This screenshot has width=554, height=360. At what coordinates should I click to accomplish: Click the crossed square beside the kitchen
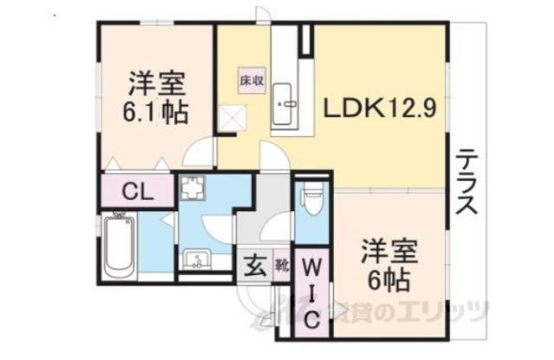tap(232, 116)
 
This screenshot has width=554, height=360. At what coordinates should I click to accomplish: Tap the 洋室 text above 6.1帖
tap(157, 86)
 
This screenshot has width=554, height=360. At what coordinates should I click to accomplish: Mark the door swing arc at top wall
tap(263, 16)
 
